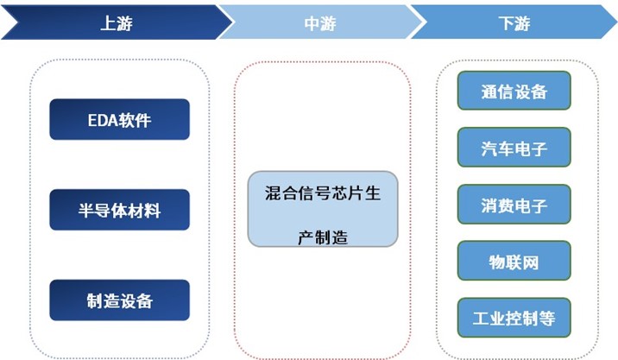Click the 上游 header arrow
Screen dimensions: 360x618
pos(112,23)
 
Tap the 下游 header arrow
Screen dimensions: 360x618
pos(514,23)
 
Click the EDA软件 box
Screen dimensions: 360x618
pos(119,120)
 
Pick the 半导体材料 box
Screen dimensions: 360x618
pos(119,210)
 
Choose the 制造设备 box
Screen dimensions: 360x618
pos(119,300)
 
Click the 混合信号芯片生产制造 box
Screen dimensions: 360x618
pos(323,208)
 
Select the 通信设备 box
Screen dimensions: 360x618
pos(514,92)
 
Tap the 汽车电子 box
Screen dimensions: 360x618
pos(514,148)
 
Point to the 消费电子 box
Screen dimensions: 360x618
pos(514,205)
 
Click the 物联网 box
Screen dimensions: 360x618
pos(514,262)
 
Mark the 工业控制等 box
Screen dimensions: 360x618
pos(514,318)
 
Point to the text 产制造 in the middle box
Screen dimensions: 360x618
pos(322,236)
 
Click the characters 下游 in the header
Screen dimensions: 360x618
pos(514,23)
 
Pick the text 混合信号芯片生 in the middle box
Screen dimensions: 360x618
pos(323,193)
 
